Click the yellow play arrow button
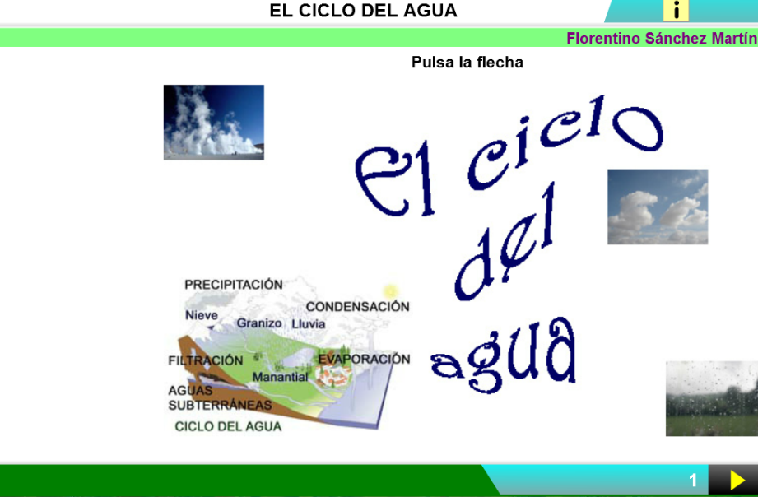[x=737, y=481]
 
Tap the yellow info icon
[x=676, y=11]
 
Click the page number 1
[x=693, y=481]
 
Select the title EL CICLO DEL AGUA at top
[x=363, y=11]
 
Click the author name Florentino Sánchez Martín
[x=662, y=38]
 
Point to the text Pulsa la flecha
[x=467, y=63]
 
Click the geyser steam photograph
[x=214, y=123]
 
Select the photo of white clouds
[x=658, y=207]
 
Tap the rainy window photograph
[x=712, y=398]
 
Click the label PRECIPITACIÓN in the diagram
[x=234, y=284]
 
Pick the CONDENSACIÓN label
[x=358, y=307]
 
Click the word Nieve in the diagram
[x=202, y=315]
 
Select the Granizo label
[x=259, y=323]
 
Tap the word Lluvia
[x=309, y=324]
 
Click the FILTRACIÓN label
[x=206, y=360]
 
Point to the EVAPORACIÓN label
[x=364, y=360]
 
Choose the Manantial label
[x=280, y=377]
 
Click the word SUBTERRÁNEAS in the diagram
[x=220, y=405]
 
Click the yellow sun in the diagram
[x=390, y=291]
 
